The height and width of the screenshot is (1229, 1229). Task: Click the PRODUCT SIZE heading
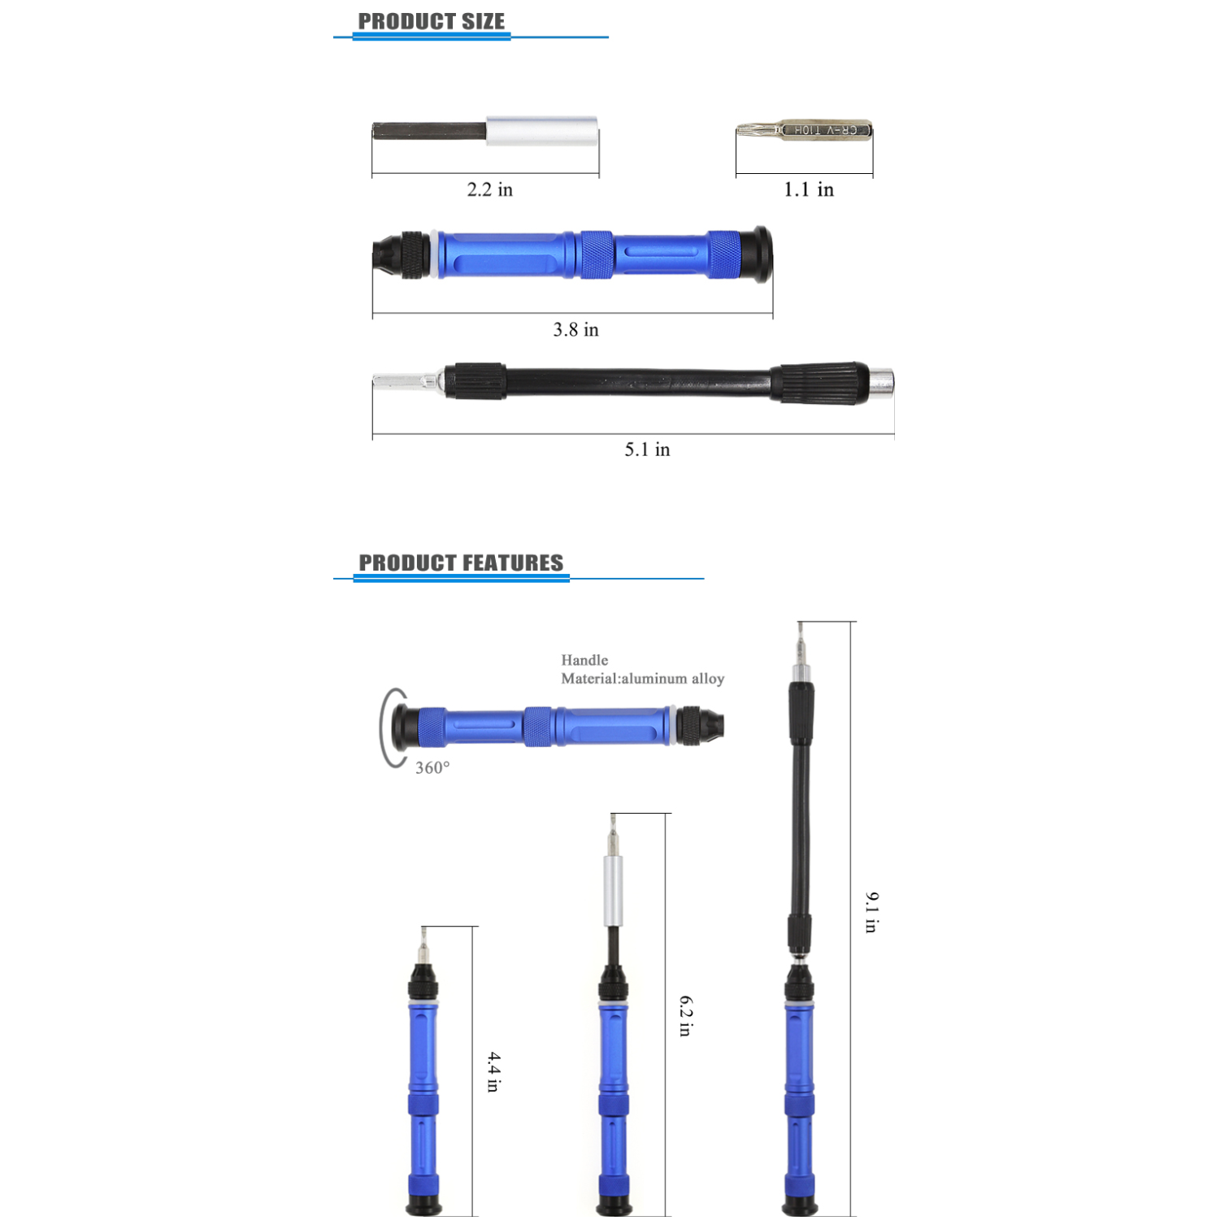pyautogui.click(x=431, y=22)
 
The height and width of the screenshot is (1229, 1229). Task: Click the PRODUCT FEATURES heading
pyautogui.click(x=460, y=562)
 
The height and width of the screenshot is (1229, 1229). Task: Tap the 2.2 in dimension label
pyautogui.click(x=489, y=189)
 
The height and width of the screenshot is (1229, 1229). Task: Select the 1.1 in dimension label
pyautogui.click(x=808, y=189)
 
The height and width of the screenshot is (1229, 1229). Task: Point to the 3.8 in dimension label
pyautogui.click(x=575, y=329)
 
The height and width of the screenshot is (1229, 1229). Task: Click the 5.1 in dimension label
pyautogui.click(x=647, y=449)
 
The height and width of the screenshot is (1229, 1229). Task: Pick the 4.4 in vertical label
pyautogui.click(x=493, y=1071)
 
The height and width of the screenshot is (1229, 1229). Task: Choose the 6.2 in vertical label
pyautogui.click(x=685, y=1016)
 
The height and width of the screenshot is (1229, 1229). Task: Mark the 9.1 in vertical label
pyautogui.click(x=871, y=912)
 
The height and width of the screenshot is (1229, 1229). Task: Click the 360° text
pyautogui.click(x=432, y=767)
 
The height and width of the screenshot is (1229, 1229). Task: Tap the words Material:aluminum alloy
pyautogui.click(x=642, y=679)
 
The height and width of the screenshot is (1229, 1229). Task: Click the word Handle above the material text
pyautogui.click(x=584, y=660)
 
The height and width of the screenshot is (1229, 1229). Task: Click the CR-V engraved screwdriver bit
pyautogui.click(x=805, y=130)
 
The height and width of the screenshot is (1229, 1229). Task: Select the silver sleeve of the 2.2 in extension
pyautogui.click(x=542, y=131)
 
